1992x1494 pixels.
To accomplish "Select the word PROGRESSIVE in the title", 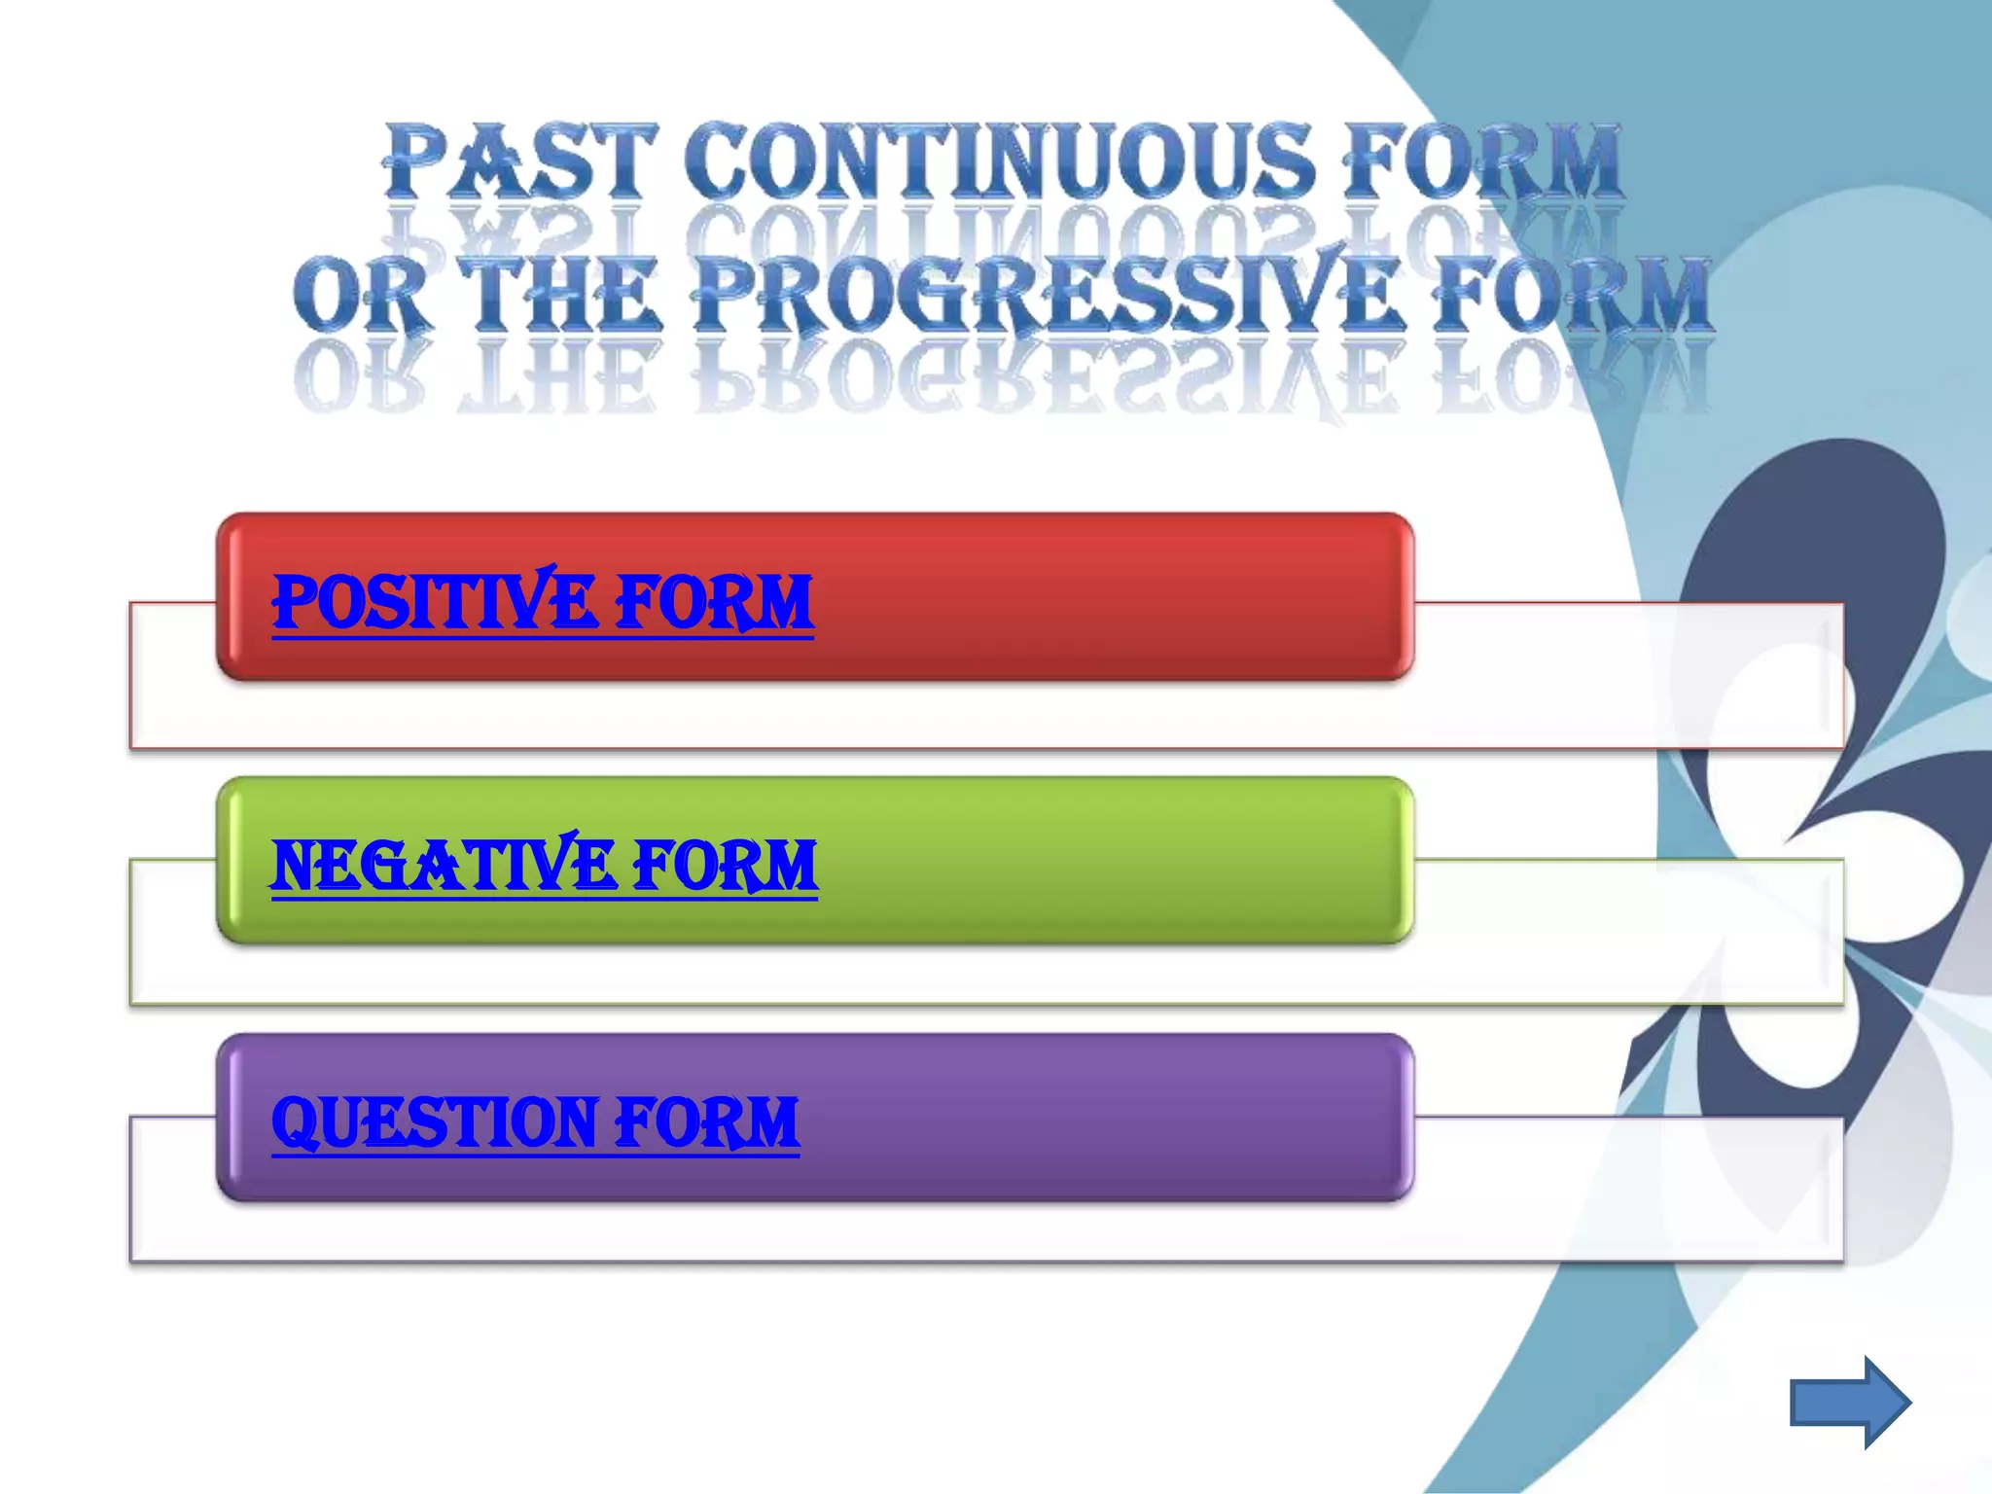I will click(x=1050, y=295).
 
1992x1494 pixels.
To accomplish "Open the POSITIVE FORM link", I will click(x=542, y=602).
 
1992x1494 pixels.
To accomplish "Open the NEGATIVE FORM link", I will click(x=544, y=866).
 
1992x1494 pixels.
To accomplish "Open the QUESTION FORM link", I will click(x=535, y=1122).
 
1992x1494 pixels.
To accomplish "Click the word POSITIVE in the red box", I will click(x=434, y=602).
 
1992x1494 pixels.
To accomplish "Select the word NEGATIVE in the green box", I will click(x=443, y=866).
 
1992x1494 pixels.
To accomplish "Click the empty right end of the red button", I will click(x=1216, y=597).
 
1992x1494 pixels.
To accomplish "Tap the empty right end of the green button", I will click(x=1216, y=861).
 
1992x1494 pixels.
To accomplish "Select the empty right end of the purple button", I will click(x=1216, y=1119).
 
